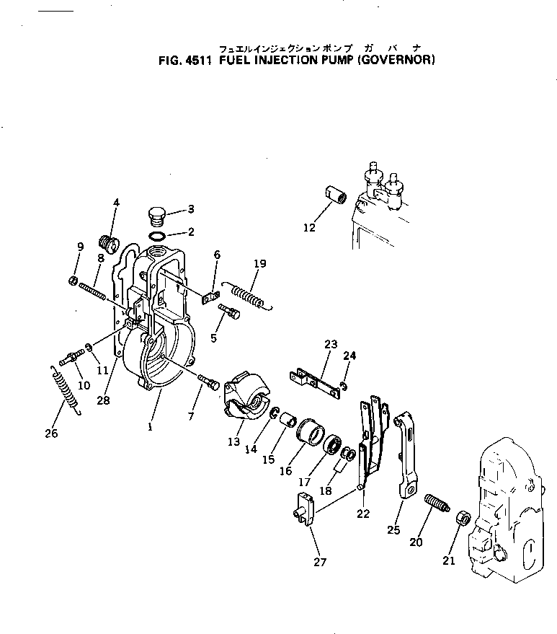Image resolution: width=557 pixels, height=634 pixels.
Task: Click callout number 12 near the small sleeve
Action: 309,228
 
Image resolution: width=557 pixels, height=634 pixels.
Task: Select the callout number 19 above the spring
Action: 259,264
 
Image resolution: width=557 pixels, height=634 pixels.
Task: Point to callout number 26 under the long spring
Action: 51,433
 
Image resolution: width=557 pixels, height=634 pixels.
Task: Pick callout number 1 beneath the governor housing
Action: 150,426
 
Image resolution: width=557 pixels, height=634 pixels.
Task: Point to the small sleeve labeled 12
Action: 336,195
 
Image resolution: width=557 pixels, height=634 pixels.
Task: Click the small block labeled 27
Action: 305,507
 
